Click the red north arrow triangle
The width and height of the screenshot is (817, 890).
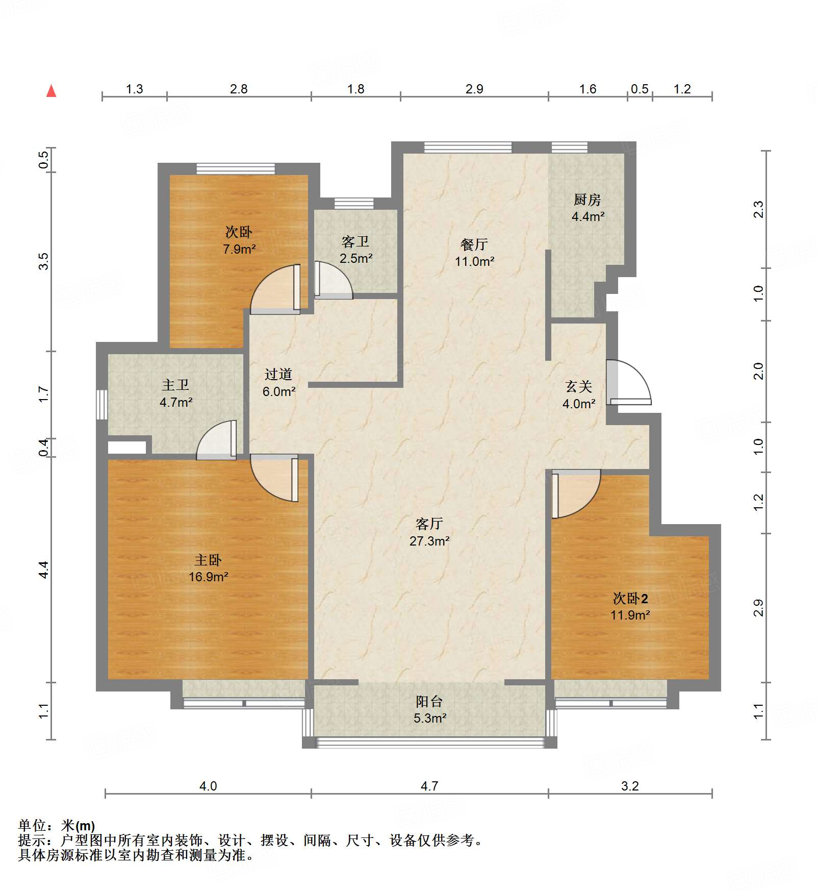coord(51,91)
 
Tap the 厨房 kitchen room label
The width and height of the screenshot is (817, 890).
coord(588,208)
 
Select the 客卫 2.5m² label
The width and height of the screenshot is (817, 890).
coord(355,250)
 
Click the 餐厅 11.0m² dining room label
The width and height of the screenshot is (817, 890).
coord(474,253)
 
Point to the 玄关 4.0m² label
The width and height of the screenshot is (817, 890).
coord(579,395)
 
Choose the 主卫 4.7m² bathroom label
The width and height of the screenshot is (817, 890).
coord(175,393)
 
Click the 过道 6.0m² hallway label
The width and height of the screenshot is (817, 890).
coord(278,383)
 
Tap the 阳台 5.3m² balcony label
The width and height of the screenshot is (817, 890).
coord(429,709)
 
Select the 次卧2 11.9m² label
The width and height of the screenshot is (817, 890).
coord(630,606)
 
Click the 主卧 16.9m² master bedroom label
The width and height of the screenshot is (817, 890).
coord(208,568)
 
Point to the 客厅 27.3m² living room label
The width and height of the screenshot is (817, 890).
coord(429,532)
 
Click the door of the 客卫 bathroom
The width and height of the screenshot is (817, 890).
coord(332,280)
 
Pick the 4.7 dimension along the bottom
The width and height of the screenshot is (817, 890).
coord(429,786)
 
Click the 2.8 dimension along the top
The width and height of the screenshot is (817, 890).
coord(238,89)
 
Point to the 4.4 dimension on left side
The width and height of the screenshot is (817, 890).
coord(44,569)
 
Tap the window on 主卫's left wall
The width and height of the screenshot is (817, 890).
coord(102,405)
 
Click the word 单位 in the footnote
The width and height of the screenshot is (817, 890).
coord(32,825)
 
